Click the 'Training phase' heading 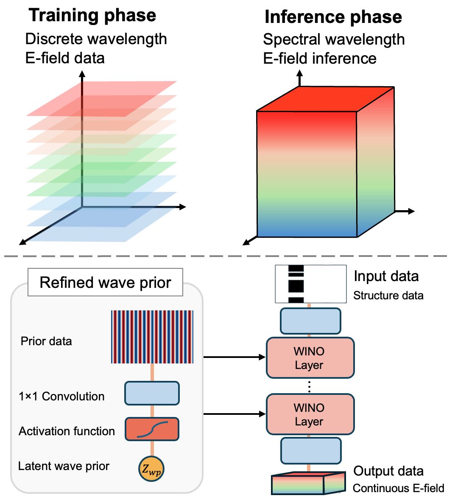tap(92, 16)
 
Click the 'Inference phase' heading tap(333, 17)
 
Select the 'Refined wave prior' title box tap(105, 282)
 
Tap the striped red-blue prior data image tap(152, 337)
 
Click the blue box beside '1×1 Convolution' tap(152, 393)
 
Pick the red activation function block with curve tap(152, 429)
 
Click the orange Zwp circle tap(151, 469)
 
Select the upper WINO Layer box tap(310, 358)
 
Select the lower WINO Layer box tap(310, 414)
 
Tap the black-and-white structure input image tap(310, 284)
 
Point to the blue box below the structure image tap(310, 321)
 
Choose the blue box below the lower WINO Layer tap(310, 451)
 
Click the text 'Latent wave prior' tap(64, 466)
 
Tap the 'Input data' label tap(386, 276)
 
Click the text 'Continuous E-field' tap(398, 489)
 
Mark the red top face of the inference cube tap(326, 99)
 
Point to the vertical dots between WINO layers tap(310, 386)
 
